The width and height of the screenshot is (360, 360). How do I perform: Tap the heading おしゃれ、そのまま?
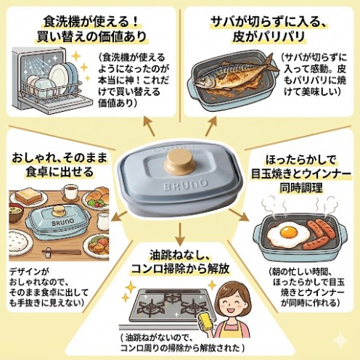pyautogui.click(x=56, y=156)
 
